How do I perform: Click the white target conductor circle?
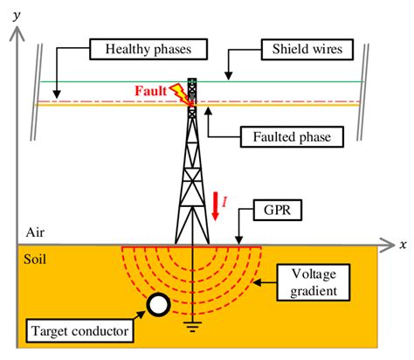[159, 304]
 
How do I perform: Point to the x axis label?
[403, 241]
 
